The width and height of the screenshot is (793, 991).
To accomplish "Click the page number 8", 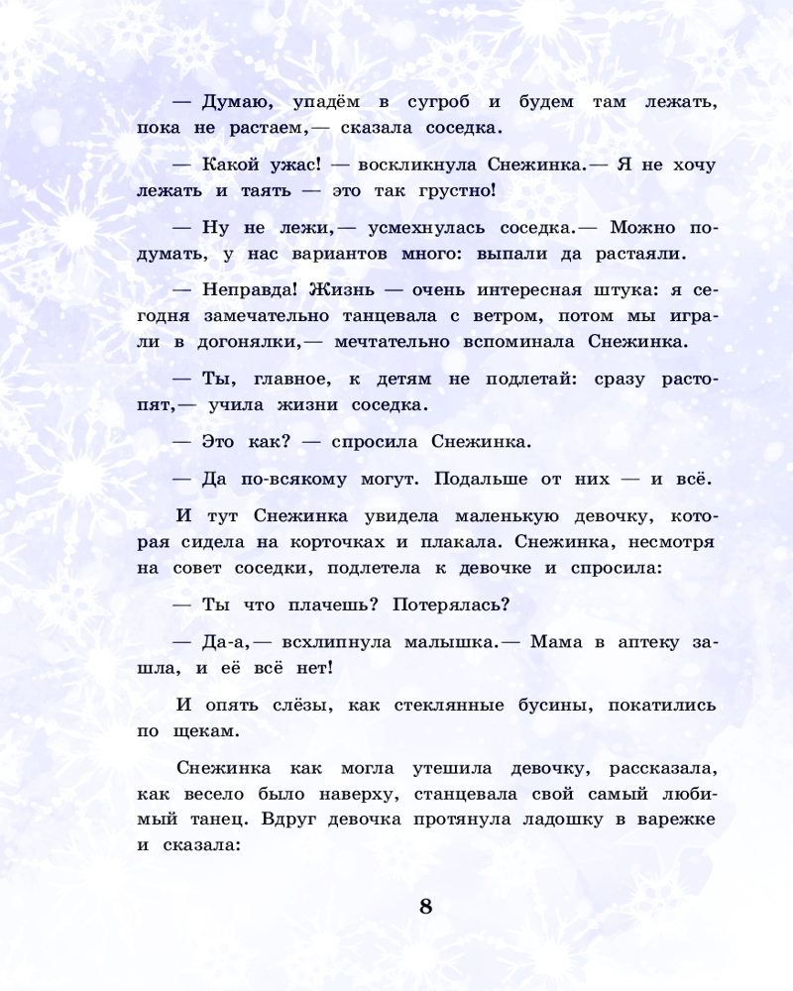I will tap(426, 907).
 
